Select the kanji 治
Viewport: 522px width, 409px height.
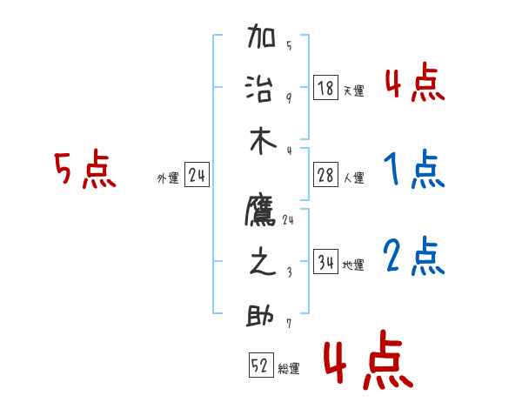click(x=262, y=89)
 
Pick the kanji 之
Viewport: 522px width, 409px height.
click(x=262, y=263)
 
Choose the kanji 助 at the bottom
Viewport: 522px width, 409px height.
click(x=262, y=315)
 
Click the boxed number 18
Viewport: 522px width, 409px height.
click(x=326, y=88)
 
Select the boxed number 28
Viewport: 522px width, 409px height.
click(x=326, y=176)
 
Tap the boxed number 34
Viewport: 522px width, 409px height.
click(x=326, y=263)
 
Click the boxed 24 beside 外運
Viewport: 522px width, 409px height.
click(x=197, y=176)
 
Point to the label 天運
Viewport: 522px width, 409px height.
click(x=353, y=91)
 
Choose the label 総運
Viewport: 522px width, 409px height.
click(x=289, y=369)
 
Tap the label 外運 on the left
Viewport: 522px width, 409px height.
click(x=168, y=178)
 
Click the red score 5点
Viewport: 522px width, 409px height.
click(x=84, y=171)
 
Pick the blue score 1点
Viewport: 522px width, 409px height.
click(x=414, y=171)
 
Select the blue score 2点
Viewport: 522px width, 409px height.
click(x=414, y=258)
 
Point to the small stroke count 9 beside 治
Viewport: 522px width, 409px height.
click(x=289, y=98)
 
